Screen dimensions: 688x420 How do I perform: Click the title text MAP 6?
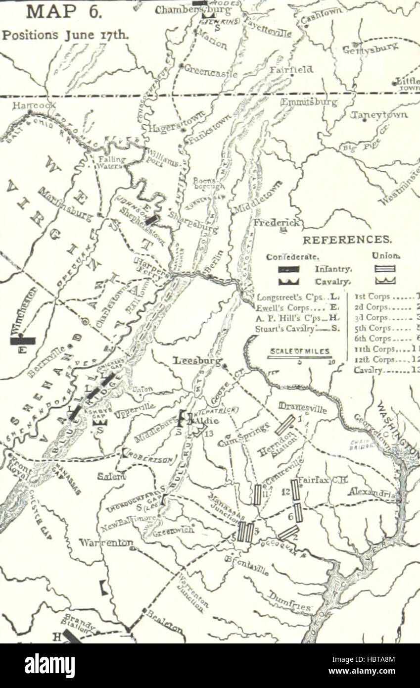coord(64,11)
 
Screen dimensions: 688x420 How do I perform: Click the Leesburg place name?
coord(197,362)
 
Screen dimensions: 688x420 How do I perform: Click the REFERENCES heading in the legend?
coord(347,240)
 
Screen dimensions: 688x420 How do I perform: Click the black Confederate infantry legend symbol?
coord(289,269)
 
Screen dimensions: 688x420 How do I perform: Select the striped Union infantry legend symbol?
coord(385,269)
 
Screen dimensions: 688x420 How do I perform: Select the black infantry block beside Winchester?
coord(23,341)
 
